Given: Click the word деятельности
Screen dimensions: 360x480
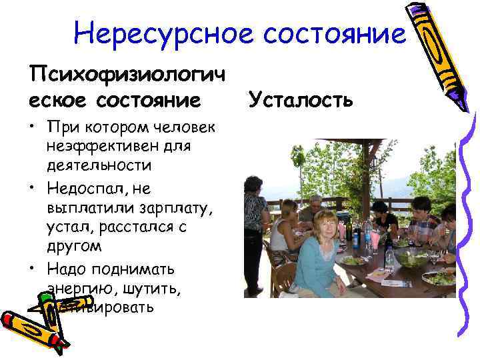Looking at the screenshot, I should click(99, 164).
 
